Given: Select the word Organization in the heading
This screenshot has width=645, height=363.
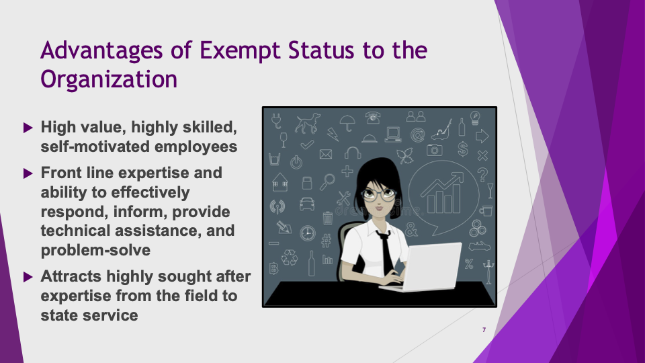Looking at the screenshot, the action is pos(109,80).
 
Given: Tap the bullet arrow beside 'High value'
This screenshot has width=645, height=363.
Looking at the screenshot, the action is pos(28,128).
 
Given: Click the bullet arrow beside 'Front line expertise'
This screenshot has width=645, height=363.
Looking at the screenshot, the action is pos(28,173).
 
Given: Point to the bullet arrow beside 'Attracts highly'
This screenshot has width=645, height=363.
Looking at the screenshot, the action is pos(28,277).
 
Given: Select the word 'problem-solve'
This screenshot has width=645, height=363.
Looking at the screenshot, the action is pos(95,250).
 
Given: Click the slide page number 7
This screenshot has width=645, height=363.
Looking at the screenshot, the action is pos(484,329).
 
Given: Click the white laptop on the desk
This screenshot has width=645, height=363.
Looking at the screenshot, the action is pos(427,268).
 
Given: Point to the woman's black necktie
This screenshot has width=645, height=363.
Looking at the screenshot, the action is pos(386,251).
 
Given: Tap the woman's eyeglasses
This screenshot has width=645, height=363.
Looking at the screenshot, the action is pos(378,194).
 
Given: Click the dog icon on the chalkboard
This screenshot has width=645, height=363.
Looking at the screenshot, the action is pos(307,123).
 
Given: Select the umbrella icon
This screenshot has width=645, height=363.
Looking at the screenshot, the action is pos(347,122).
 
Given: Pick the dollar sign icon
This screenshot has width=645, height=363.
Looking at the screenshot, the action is pos(463,149).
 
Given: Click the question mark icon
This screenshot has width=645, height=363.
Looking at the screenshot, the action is pos(482,175).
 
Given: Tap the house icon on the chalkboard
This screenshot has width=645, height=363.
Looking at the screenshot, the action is pos(279,182).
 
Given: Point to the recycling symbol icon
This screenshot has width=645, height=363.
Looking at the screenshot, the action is pos(289,257).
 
